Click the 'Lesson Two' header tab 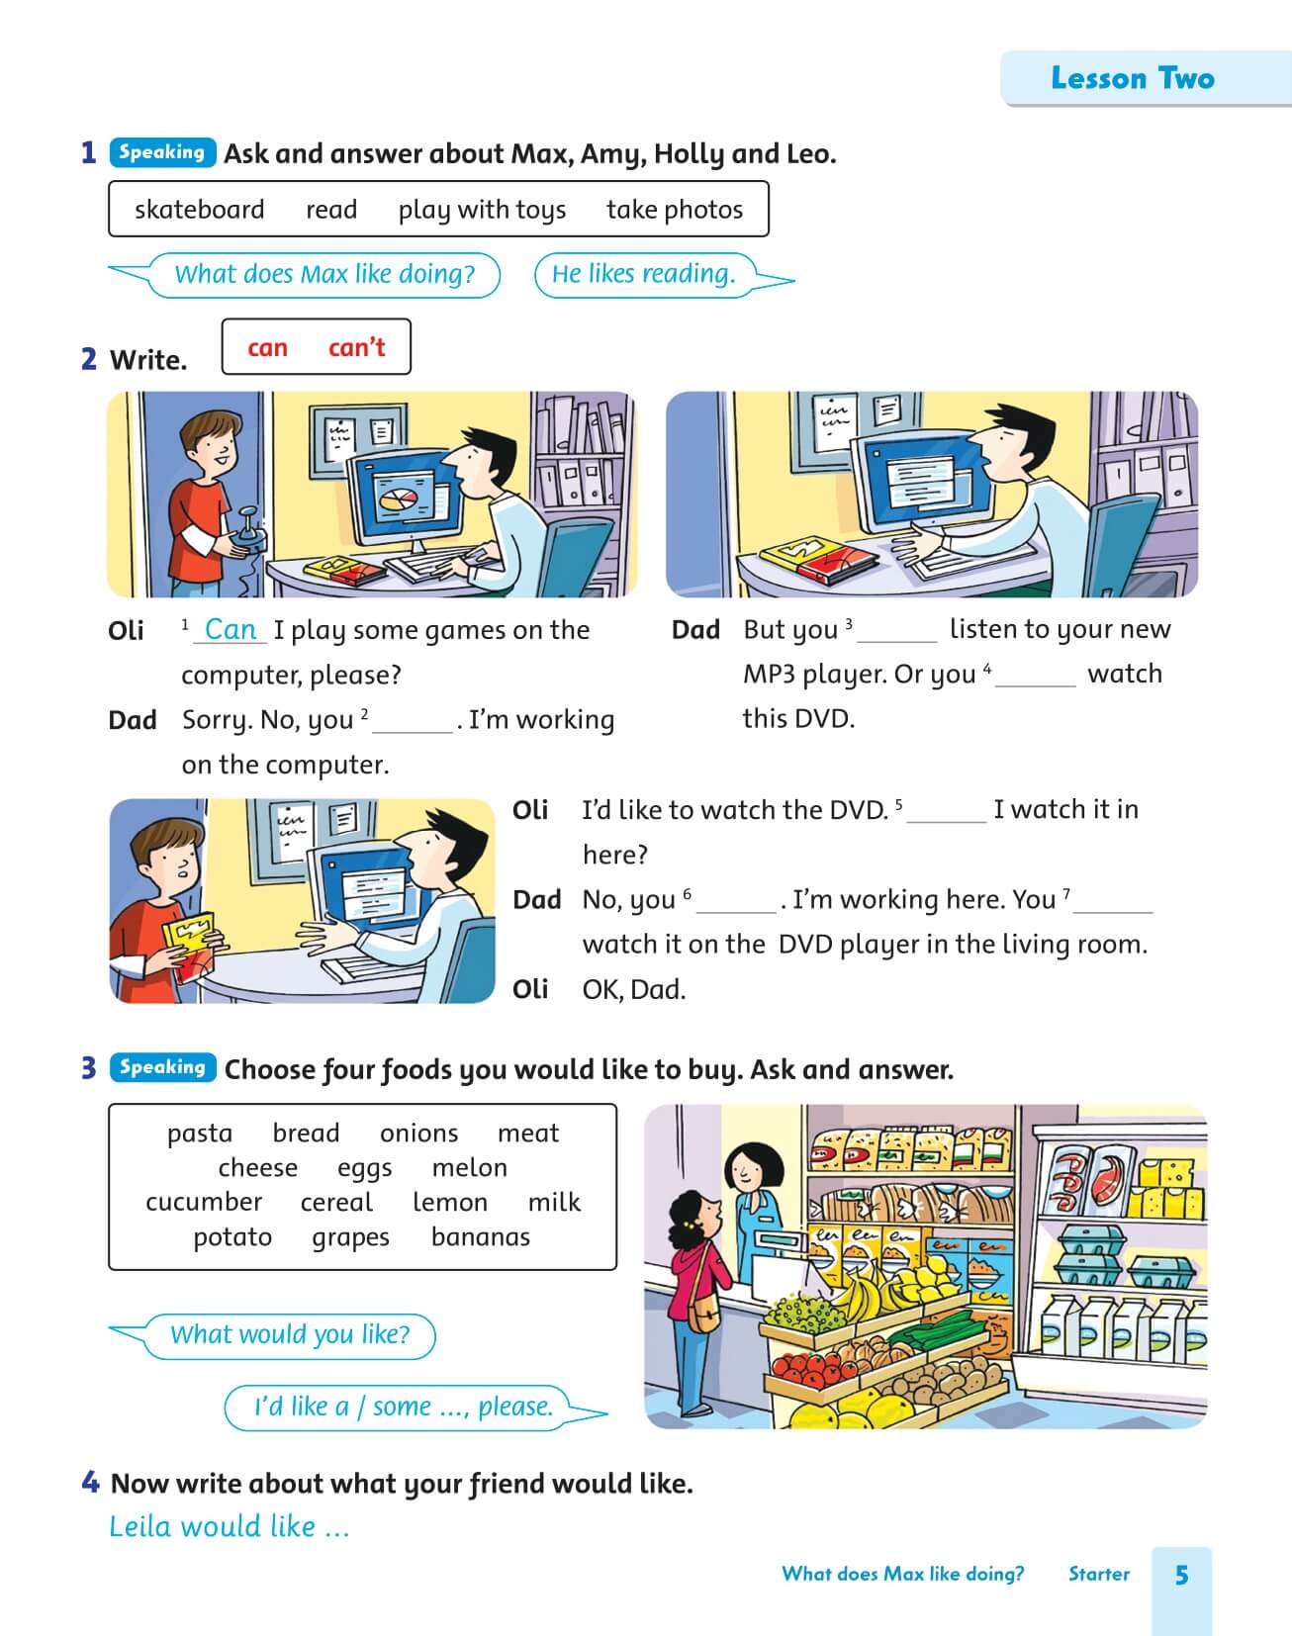(1132, 78)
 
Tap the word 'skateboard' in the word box (199, 210)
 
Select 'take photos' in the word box (674, 210)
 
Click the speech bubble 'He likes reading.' (644, 274)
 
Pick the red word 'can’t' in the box (356, 347)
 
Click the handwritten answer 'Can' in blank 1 (230, 629)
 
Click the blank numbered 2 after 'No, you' (413, 722)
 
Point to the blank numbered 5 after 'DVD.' (947, 812)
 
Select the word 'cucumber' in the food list (204, 1202)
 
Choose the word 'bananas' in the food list (481, 1236)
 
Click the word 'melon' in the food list (470, 1167)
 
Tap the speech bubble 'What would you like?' (290, 1334)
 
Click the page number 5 (1181, 1575)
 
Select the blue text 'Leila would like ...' (230, 1526)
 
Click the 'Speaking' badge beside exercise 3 (162, 1067)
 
